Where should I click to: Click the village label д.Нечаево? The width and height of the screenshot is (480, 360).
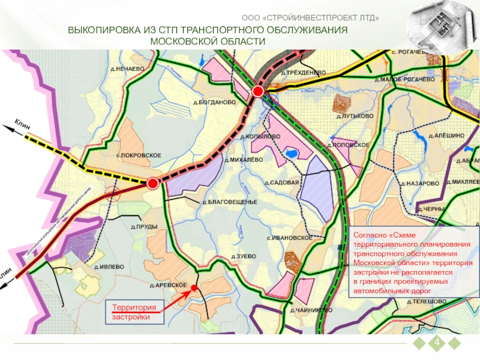tap(127, 69)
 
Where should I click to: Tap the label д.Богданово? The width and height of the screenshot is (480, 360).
tap(214, 102)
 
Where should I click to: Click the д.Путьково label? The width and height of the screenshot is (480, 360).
tap(355, 115)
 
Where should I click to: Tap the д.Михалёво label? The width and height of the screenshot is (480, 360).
tap(243, 160)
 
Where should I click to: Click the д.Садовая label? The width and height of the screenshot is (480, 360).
tap(282, 182)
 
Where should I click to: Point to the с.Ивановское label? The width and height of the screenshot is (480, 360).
tap(290, 238)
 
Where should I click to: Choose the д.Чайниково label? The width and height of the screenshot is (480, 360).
tap(311, 310)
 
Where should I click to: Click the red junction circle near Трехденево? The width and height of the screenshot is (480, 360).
tap(258, 91)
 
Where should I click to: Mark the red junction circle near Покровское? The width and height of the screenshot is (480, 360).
tap(152, 183)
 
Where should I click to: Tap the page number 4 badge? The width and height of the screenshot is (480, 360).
tap(437, 343)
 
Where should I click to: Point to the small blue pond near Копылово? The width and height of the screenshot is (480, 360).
tap(292, 154)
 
